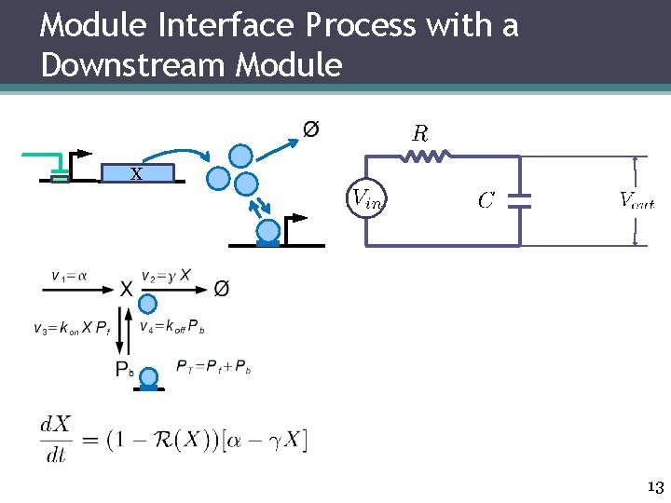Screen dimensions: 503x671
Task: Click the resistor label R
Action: [420, 133]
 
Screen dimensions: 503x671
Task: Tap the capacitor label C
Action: [486, 200]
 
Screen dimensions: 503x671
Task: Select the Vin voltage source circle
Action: [365, 197]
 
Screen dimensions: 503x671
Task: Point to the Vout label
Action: [637, 198]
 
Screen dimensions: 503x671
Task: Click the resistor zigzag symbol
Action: [427, 157]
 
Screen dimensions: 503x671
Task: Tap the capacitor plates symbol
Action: [521, 200]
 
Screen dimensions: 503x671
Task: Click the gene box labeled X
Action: [136, 172]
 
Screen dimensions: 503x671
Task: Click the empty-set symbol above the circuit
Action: [311, 129]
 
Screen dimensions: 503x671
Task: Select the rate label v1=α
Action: [69, 276]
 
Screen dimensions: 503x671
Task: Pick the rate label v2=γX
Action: [167, 276]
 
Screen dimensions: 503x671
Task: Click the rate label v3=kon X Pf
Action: [71, 328]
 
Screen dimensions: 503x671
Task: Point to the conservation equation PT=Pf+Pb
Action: [213, 366]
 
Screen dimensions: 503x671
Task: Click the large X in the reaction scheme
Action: [125, 290]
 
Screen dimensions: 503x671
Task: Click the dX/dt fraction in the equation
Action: [55, 438]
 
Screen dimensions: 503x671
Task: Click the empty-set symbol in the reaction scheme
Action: [222, 289]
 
